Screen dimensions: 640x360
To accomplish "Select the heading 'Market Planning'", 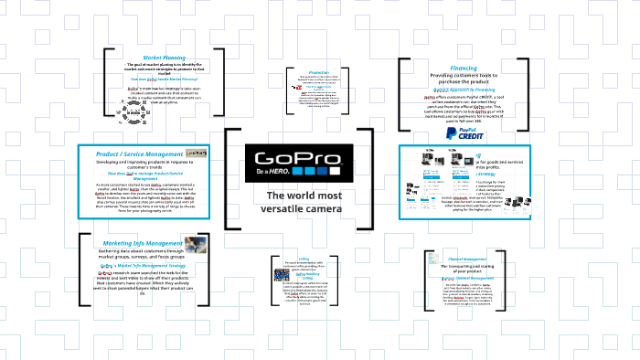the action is [x=165, y=58].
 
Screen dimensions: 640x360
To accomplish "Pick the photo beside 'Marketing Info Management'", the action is [x=193, y=245].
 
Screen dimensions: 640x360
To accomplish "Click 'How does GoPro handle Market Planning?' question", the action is [x=164, y=79].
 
